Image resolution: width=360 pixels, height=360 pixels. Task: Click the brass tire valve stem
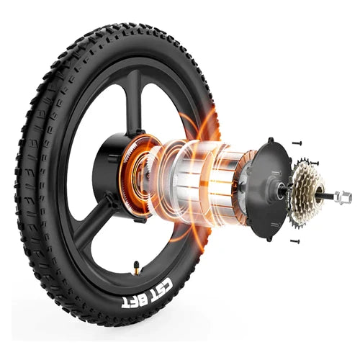(x=137, y=267)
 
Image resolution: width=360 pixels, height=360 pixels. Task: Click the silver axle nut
(x=343, y=197)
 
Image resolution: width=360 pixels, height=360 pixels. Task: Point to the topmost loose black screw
(x=297, y=143)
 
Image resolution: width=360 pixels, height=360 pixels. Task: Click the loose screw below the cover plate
(x=295, y=240)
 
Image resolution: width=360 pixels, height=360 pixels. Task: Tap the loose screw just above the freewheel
(x=315, y=163)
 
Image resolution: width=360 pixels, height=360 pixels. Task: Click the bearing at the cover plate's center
(x=280, y=192)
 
